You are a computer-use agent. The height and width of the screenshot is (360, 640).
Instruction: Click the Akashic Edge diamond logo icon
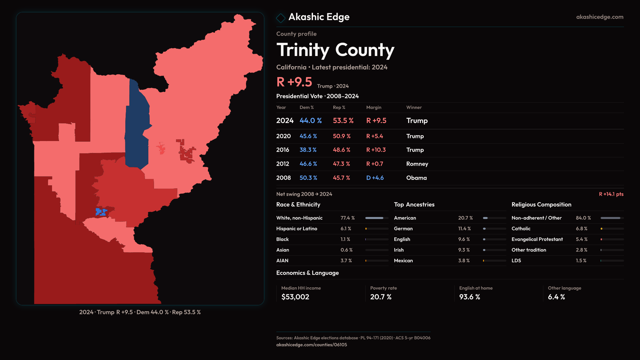281,18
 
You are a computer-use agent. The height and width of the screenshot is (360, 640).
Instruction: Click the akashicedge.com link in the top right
600,17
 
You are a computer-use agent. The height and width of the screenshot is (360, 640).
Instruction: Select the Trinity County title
335,50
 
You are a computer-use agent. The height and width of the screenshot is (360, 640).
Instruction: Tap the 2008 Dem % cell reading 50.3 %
308,178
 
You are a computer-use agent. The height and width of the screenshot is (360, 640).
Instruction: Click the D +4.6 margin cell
375,178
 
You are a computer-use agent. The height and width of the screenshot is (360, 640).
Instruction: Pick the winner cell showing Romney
417,164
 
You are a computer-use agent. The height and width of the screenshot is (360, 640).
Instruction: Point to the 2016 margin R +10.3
376,150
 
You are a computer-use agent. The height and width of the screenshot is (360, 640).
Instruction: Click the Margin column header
374,107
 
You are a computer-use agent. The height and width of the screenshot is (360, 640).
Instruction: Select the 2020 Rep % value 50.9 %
342,136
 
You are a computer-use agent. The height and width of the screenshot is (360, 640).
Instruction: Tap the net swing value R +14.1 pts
611,194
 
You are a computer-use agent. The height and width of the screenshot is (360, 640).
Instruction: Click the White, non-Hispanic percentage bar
377,218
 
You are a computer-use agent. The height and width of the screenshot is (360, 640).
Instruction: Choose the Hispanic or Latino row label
297,229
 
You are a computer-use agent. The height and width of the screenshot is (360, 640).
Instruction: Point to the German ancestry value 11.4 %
464,229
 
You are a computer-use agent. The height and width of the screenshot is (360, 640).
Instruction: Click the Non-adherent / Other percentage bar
612,218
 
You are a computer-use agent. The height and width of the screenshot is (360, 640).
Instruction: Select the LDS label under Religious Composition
516,261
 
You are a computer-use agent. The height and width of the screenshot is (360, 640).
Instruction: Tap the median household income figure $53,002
295,297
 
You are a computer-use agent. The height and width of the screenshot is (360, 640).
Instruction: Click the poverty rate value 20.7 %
381,297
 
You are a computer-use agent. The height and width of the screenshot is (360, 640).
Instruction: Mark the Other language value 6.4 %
556,297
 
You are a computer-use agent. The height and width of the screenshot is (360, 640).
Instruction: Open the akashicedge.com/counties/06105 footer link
311,345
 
